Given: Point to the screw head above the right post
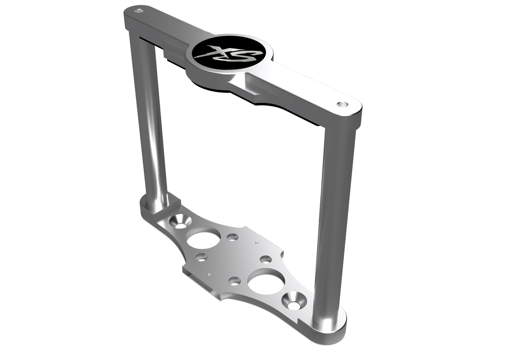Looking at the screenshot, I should point(342,104).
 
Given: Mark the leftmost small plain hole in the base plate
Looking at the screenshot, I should point(202,257).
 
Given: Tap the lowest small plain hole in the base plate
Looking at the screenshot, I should point(234,281).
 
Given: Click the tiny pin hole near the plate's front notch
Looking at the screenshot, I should point(208,274).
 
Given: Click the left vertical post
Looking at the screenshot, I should point(148,118).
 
